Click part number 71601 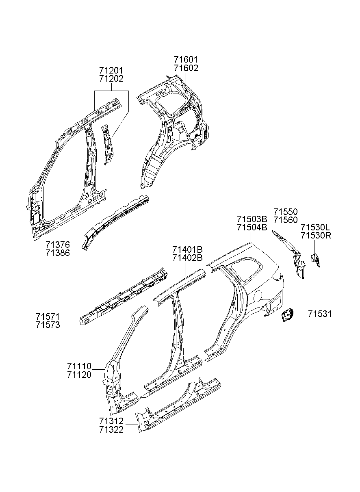click(x=186, y=60)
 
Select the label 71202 click(x=111, y=79)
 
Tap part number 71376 click(x=58, y=245)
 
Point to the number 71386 click(x=58, y=253)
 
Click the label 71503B click(x=252, y=219)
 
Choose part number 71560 click(x=285, y=220)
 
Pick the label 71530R click(x=316, y=235)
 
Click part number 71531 click(x=320, y=314)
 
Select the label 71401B click(x=187, y=249)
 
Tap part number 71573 click(x=48, y=325)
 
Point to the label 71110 click(x=79, y=366)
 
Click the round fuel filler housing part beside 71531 click(x=288, y=315)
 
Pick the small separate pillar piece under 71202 click(x=107, y=144)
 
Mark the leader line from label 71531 click(x=300, y=314)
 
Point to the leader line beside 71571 click(x=70, y=320)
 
